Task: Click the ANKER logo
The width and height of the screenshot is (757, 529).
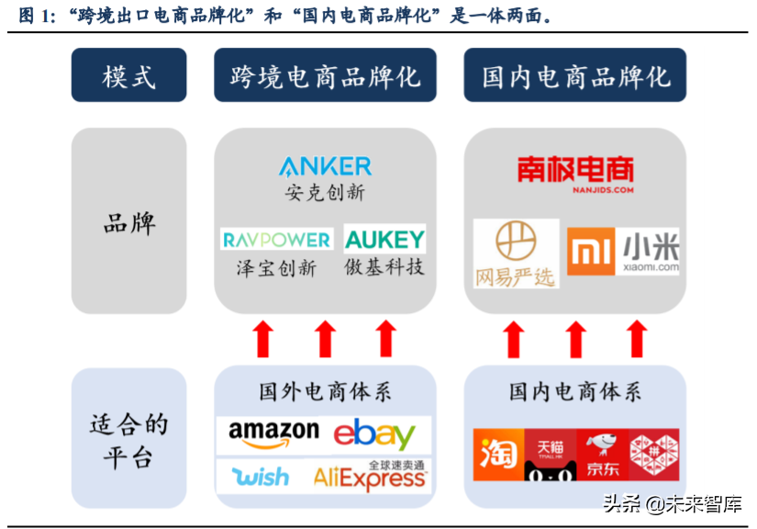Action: point(325,166)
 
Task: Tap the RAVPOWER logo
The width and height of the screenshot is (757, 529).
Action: point(276,240)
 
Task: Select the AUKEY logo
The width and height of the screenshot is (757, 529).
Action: point(384,240)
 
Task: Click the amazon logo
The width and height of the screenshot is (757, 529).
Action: point(273,433)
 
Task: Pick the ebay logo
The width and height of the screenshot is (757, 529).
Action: point(374,434)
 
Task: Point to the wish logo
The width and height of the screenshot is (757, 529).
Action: point(260,477)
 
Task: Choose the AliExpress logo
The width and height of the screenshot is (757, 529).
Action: point(370,477)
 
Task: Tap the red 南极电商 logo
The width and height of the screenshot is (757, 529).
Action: point(574,172)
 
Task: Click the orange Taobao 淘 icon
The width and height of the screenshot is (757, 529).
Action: point(498,455)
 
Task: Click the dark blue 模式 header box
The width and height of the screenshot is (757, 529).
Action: point(128,75)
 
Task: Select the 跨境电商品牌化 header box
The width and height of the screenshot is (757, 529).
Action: point(325,75)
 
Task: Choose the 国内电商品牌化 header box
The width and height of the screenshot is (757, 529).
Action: point(574,75)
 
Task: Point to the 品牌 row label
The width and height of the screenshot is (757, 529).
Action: point(128,222)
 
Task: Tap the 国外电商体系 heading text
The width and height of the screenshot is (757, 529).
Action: point(325,391)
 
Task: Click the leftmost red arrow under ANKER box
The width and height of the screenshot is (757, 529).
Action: point(263,339)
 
